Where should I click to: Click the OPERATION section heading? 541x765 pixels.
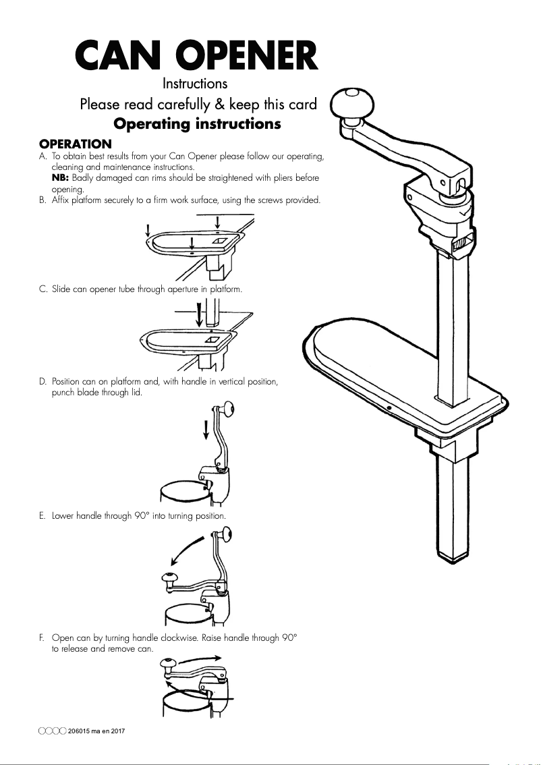click(75, 144)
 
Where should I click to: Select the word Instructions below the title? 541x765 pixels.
click(194, 84)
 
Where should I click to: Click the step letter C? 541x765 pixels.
click(42, 289)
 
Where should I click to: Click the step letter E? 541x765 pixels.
click(42, 516)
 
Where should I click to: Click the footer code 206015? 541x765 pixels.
click(82, 731)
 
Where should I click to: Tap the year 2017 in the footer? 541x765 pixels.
click(118, 731)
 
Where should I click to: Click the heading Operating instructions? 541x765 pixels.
click(197, 125)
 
